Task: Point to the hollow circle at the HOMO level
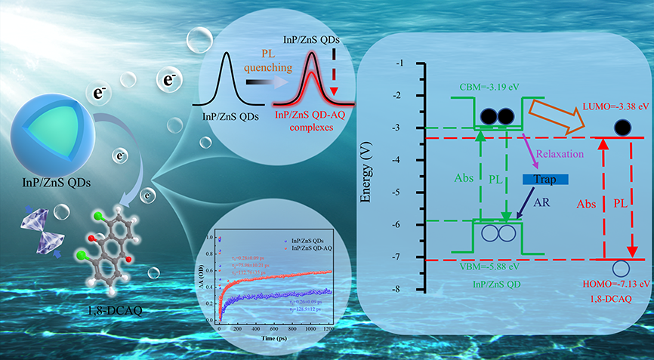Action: (x=621, y=268)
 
